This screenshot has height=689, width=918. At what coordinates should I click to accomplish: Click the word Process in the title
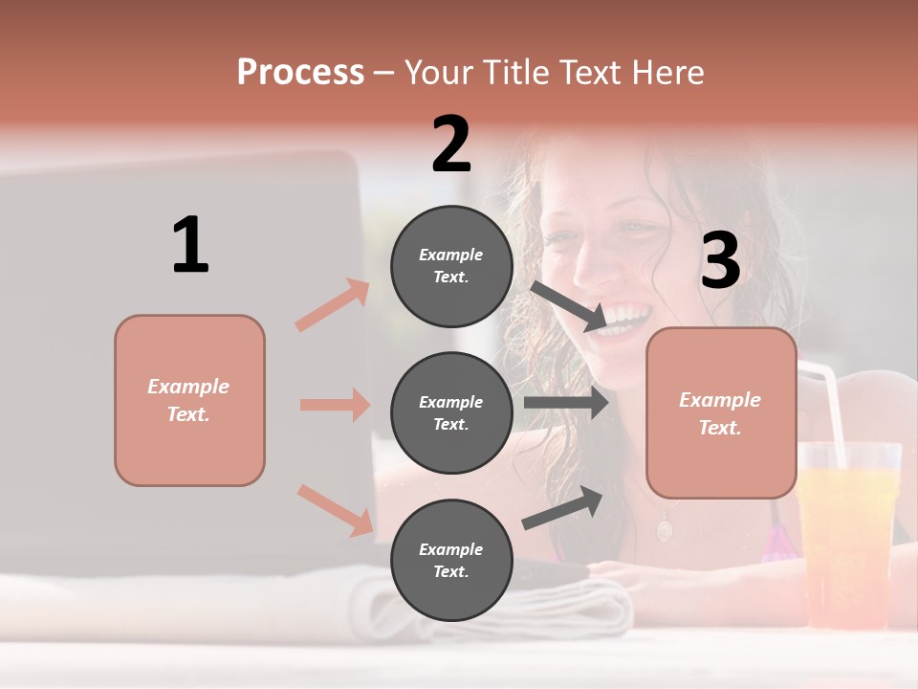(x=300, y=73)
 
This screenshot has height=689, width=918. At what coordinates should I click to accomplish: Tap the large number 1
(x=190, y=245)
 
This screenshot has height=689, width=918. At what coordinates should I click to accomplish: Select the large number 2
(x=451, y=144)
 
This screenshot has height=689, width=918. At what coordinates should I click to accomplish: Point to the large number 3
(x=720, y=260)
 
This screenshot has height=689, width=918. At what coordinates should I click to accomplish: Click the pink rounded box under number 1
(x=189, y=400)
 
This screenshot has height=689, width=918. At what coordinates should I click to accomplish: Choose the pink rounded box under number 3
(x=721, y=412)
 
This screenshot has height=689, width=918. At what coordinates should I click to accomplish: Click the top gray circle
(x=451, y=266)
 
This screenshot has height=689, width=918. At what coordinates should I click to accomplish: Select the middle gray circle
(x=451, y=412)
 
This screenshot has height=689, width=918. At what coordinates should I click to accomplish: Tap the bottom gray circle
(x=451, y=560)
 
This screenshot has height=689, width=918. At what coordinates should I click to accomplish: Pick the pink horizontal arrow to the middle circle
(x=335, y=405)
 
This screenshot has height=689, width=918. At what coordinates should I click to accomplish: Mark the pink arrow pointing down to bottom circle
(x=335, y=510)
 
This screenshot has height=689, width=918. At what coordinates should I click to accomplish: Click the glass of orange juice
(x=849, y=536)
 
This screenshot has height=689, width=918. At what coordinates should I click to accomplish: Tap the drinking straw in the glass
(x=827, y=402)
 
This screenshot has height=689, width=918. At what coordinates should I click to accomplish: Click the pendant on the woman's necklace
(x=664, y=527)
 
